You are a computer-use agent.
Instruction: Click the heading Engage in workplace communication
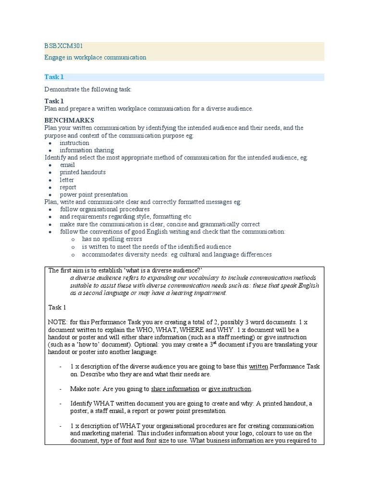95,57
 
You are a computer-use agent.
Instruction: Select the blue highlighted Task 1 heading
54,77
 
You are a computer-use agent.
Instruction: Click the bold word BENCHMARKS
69,120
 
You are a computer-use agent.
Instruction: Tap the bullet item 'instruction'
74,143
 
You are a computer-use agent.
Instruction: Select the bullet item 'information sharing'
86,150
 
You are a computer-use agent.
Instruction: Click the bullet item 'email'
67,165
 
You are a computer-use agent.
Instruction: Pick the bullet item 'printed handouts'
83,172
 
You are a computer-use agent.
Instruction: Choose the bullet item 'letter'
67,180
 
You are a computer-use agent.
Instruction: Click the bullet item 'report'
68,187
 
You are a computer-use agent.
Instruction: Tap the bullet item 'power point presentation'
94,195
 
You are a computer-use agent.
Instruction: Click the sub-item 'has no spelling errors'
112,239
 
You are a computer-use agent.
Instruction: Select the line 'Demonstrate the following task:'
87,89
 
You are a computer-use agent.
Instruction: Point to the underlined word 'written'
258,367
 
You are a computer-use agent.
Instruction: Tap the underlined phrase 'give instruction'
230,389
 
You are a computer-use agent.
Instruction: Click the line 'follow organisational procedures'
105,209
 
